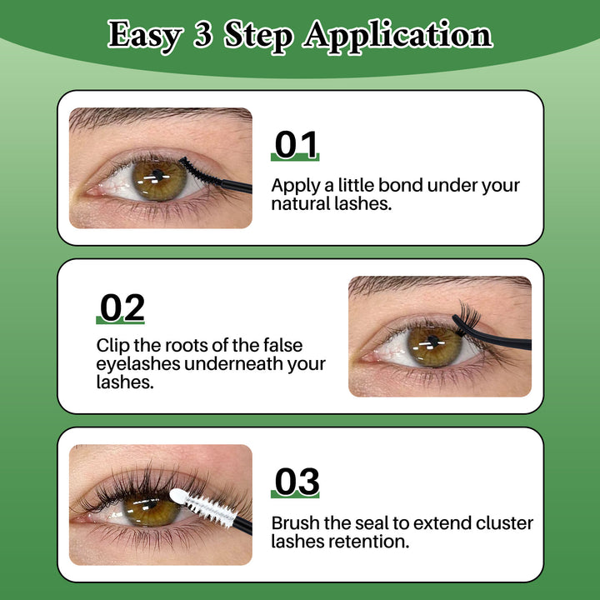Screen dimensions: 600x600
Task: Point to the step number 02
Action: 121,307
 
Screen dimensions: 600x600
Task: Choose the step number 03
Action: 296,482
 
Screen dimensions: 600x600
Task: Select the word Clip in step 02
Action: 112,345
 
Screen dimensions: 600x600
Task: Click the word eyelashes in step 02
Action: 138,363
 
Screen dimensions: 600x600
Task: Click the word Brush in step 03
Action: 295,523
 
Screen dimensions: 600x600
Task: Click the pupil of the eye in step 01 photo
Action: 157,173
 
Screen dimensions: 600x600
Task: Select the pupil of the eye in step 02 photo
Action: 432,341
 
